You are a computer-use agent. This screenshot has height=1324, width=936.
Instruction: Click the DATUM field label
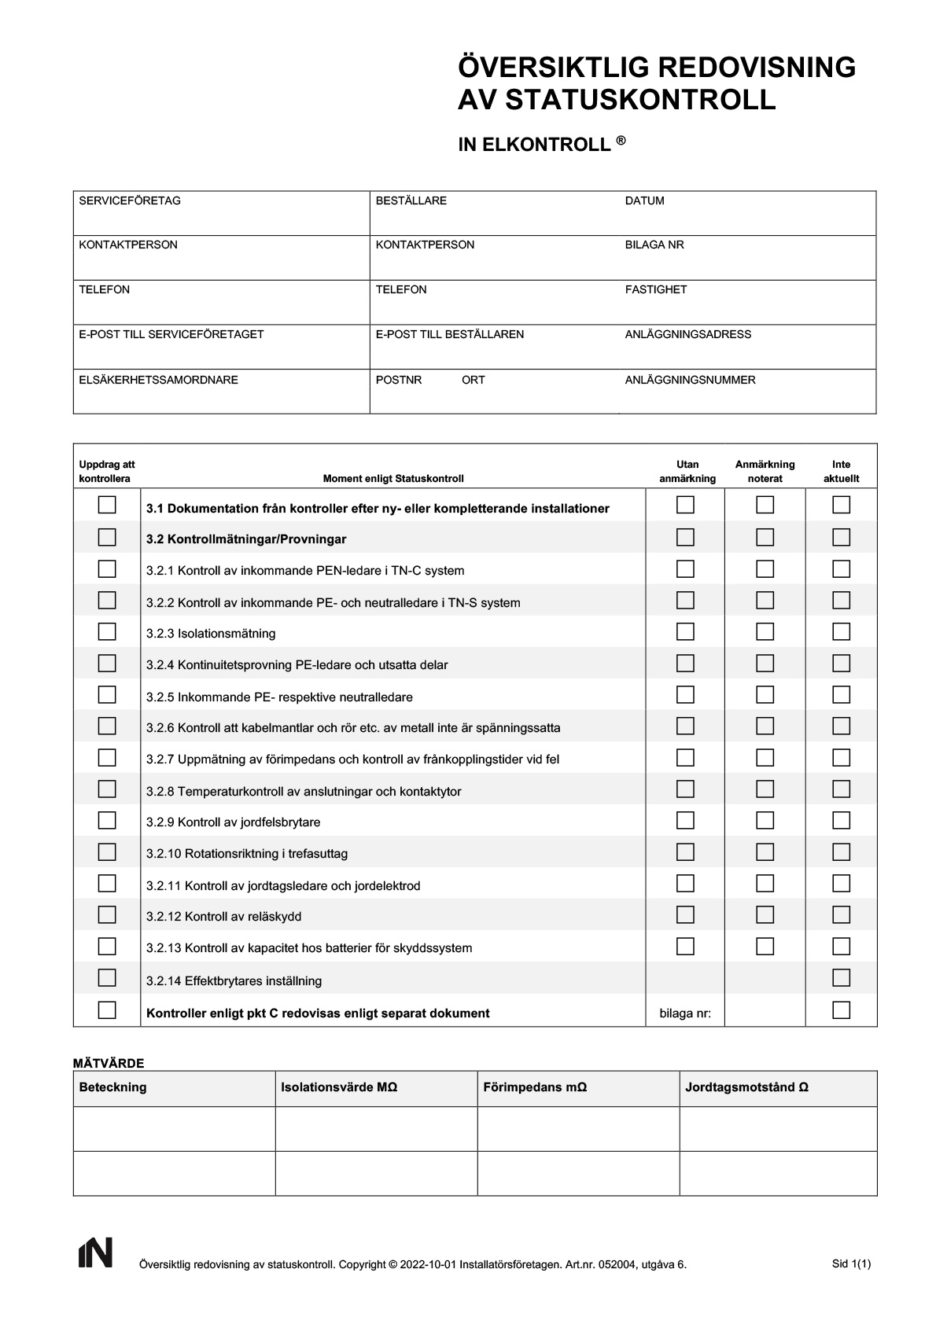click(x=644, y=200)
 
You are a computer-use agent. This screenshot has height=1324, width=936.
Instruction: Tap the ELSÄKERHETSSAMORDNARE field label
click(x=158, y=380)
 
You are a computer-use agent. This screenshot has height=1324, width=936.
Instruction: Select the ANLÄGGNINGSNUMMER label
click(x=690, y=380)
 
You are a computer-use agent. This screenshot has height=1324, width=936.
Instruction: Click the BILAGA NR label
click(x=654, y=245)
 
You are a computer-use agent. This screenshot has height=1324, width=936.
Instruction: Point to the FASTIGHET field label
click(x=655, y=289)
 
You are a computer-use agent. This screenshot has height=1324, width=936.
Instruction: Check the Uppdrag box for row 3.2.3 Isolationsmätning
click(x=107, y=631)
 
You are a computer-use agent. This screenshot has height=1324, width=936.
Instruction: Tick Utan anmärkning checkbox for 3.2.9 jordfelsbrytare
click(x=686, y=820)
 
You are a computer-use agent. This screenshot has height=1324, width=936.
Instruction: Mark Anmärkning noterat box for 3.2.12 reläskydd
click(x=765, y=914)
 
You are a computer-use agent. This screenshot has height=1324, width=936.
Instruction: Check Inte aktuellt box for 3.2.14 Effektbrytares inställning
click(x=842, y=978)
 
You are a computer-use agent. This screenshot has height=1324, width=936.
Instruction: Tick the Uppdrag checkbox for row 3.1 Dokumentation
click(x=107, y=505)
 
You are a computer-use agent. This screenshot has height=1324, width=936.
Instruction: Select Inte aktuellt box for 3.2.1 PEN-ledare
click(x=842, y=568)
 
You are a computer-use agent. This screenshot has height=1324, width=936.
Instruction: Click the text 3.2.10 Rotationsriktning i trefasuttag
click(x=246, y=853)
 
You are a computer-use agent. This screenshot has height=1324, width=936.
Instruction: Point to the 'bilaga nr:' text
click(x=685, y=1013)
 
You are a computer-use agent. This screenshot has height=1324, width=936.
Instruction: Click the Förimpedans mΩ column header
click(x=535, y=1087)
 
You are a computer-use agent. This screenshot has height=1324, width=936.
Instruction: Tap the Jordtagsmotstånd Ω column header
click(x=746, y=1087)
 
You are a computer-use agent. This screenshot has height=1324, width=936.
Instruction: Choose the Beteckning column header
click(x=112, y=1087)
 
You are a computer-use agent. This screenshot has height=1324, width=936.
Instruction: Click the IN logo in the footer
click(x=95, y=1252)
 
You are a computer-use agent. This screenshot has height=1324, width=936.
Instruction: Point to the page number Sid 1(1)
click(x=851, y=1263)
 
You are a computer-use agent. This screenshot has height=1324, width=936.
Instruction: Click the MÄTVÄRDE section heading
click(x=109, y=1063)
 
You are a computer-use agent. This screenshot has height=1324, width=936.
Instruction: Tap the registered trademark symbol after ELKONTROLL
click(x=621, y=141)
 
